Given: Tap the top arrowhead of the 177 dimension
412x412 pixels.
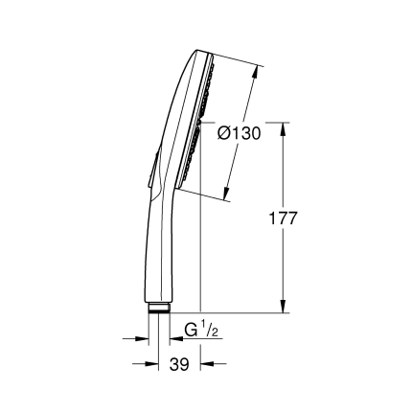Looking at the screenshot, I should click(285, 127).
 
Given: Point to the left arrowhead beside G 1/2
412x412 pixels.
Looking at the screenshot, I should click(145, 338).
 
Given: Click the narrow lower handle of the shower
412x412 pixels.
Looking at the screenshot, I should click(161, 259).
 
